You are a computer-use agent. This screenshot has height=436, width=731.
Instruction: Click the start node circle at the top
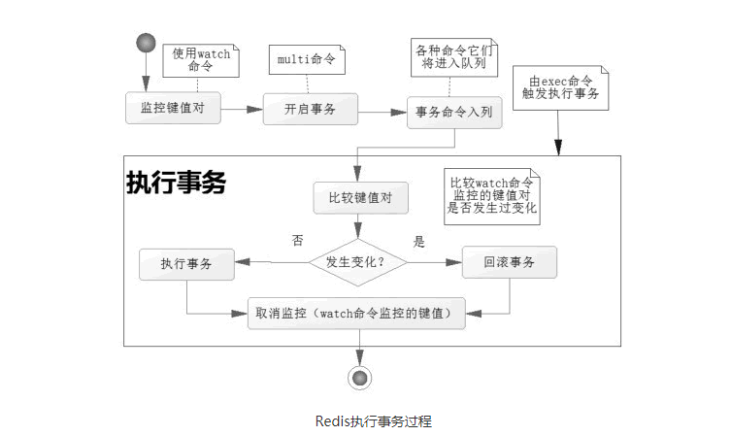pos(146,43)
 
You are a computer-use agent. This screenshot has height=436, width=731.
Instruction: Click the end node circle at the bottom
pos(360,378)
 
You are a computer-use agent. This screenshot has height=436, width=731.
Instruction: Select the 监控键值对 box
pos(173,108)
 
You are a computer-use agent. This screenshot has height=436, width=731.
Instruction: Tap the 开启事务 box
pos(311,109)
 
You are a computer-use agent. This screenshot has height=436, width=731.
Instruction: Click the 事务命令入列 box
pos(453,113)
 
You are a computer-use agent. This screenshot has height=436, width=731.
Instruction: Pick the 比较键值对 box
pos(360,199)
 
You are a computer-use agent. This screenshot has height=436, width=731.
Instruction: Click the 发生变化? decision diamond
pos(360,262)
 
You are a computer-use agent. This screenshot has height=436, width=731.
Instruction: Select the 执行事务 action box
pos(186,264)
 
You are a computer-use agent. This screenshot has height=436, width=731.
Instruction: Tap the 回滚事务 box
pos(509,262)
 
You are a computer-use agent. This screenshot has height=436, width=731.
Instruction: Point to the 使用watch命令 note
pos(201,61)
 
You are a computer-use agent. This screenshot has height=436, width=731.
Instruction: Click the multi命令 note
pos(306,60)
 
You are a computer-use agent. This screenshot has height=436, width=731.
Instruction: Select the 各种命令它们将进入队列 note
pos(452,57)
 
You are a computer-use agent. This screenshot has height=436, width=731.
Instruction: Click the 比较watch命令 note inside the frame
pos(491,195)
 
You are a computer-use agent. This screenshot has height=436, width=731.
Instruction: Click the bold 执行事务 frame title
pos(176,183)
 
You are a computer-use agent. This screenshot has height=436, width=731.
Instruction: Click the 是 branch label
pos(419,241)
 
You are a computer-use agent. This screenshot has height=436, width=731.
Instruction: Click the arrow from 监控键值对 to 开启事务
pos(243,109)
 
